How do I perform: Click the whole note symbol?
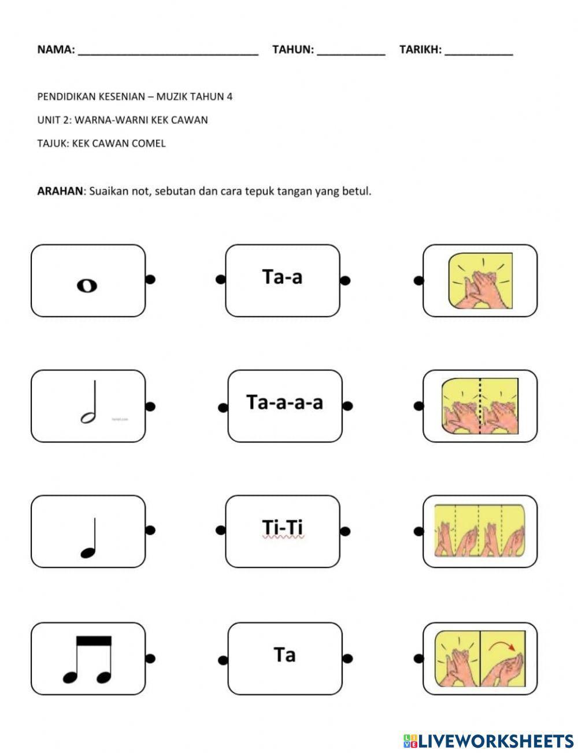[87, 285]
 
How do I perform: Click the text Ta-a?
[282, 277]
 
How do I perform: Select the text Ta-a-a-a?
[284, 402]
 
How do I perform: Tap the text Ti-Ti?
[283, 528]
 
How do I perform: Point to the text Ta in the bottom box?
[284, 655]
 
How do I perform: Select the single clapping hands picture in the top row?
[480, 280]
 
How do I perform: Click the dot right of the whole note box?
[150, 280]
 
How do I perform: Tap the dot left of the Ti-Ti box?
[220, 530]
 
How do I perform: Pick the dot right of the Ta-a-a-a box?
[347, 406]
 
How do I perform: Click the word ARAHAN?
[60, 191]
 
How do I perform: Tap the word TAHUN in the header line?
[292, 50]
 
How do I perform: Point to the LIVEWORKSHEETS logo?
[488, 740]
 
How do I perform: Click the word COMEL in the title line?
[149, 143]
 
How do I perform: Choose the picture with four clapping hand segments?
[479, 531]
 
